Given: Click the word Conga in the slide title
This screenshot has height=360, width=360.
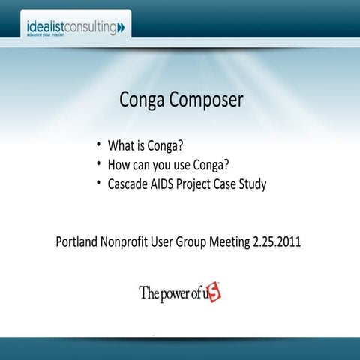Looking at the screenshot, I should (x=142, y=100).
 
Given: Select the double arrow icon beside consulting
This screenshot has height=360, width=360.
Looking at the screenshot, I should (x=121, y=28).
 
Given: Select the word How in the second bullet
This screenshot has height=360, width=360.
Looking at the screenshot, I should (x=118, y=164).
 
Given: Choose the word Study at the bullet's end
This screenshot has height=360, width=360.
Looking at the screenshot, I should (x=252, y=184).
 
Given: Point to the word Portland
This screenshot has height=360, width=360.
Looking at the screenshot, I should (x=77, y=243).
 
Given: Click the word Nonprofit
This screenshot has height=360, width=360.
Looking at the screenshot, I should (x=129, y=243).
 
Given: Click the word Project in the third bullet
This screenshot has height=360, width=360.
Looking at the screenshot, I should (x=199, y=184).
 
